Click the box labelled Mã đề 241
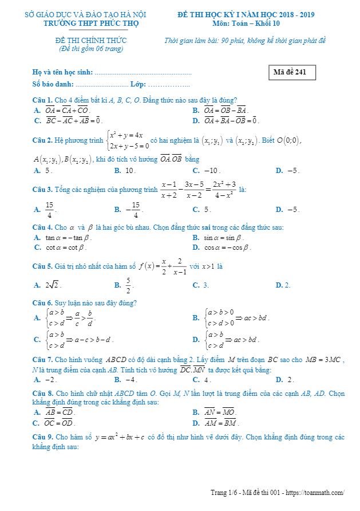click(x=291, y=73)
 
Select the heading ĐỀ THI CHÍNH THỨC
click(x=91, y=41)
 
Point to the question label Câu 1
click(x=42, y=100)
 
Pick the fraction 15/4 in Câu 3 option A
click(x=50, y=210)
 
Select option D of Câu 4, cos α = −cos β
click(x=227, y=247)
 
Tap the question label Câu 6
click(x=42, y=302)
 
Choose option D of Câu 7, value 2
click(x=287, y=379)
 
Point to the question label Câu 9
click(x=42, y=437)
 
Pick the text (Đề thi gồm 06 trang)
click(x=91, y=49)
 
